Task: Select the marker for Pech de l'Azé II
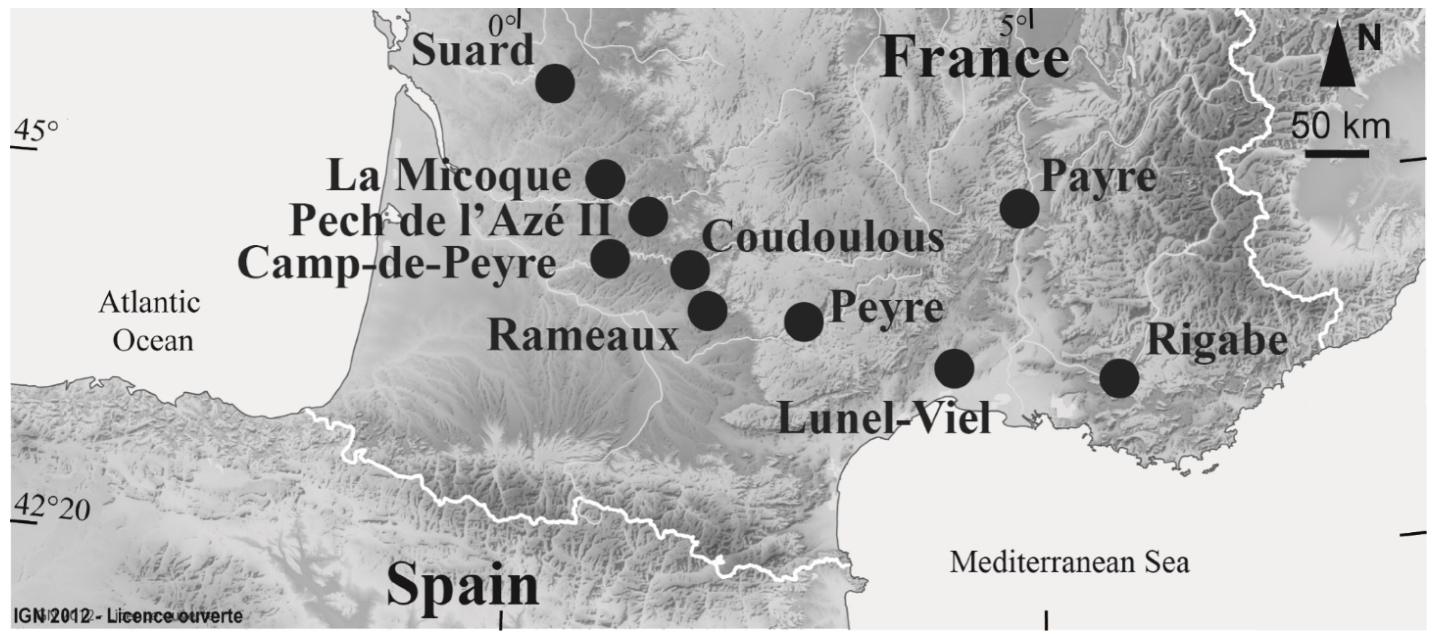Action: [x=648, y=216]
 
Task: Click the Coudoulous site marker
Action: [x=690, y=269]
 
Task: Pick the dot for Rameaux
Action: [x=707, y=310]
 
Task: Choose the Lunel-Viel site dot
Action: [x=954, y=368]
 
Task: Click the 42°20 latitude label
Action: [x=51, y=508]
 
